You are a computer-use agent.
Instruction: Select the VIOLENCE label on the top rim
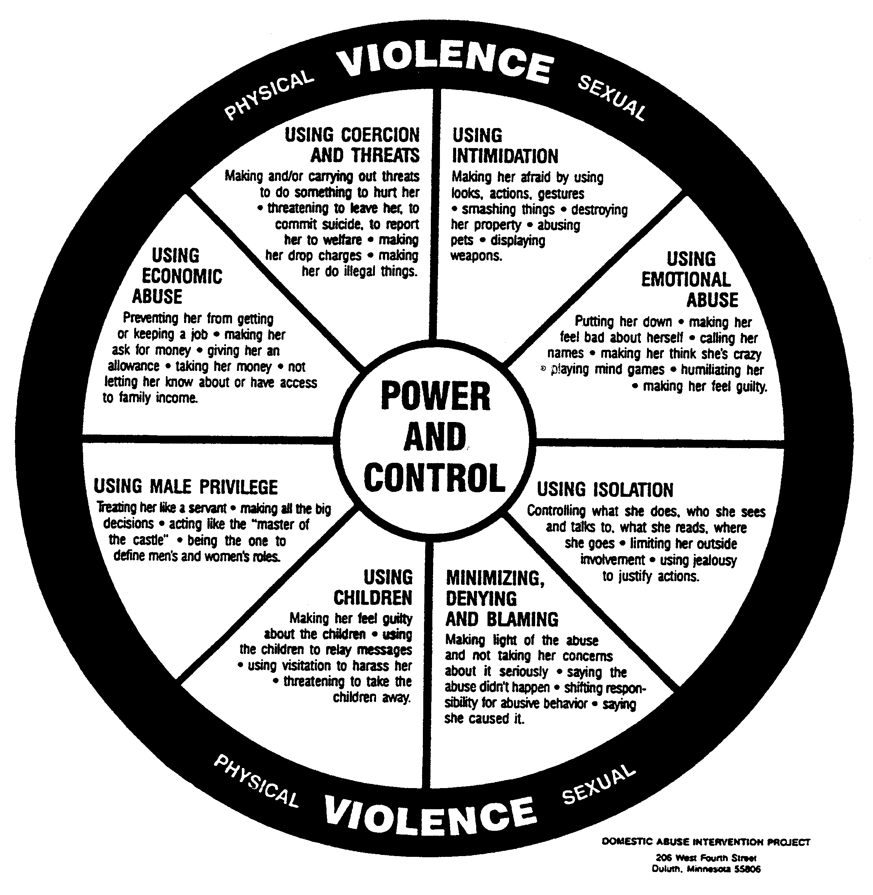point(445,65)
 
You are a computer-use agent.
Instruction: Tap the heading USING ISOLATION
point(605,489)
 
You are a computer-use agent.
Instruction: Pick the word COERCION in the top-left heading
point(380,135)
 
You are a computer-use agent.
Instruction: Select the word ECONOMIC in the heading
point(182,276)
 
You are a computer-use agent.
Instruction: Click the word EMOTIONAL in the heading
point(686,280)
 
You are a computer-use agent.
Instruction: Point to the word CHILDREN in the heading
point(373,598)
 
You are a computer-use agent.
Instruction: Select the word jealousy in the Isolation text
point(715,560)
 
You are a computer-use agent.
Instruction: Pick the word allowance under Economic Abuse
point(134,366)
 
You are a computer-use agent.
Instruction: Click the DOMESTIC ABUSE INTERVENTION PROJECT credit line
point(706,842)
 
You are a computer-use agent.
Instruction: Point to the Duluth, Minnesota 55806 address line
point(706,869)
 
